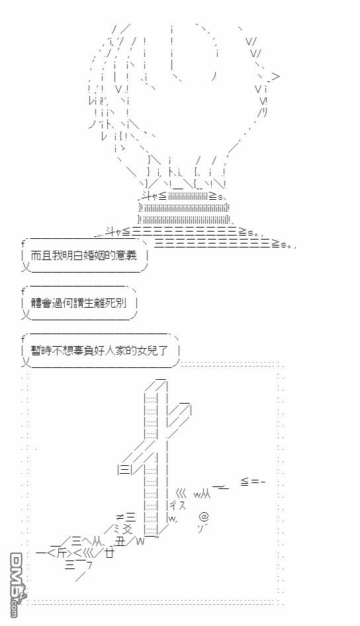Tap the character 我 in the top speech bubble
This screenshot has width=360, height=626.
[58, 255]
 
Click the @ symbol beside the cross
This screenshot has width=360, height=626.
[204, 517]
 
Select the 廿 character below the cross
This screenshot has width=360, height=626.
[110, 553]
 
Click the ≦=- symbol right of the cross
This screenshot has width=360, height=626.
[253, 482]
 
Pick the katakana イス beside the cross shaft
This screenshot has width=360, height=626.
[178, 505]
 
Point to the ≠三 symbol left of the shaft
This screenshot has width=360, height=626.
[125, 518]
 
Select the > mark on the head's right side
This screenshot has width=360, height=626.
[275, 77]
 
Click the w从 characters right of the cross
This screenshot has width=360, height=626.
[202, 494]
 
